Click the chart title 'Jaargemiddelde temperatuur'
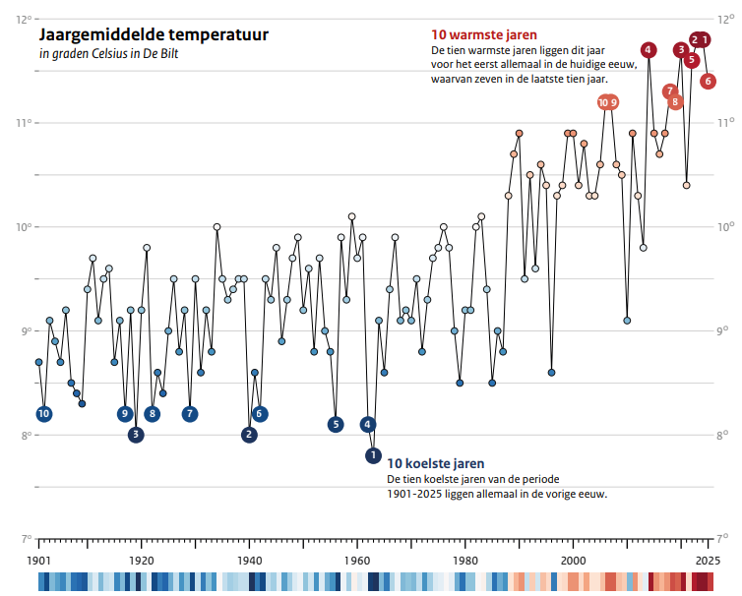click(x=153, y=35)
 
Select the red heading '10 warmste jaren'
click(x=483, y=34)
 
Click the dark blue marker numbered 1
click(x=373, y=455)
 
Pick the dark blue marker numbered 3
click(x=136, y=435)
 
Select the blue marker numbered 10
click(x=43, y=414)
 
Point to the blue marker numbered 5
click(x=336, y=424)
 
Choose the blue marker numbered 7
click(x=189, y=414)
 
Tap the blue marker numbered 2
click(x=249, y=435)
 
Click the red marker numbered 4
click(x=648, y=50)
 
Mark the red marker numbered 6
click(x=708, y=81)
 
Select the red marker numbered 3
click(x=680, y=50)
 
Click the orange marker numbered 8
click(x=675, y=101)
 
